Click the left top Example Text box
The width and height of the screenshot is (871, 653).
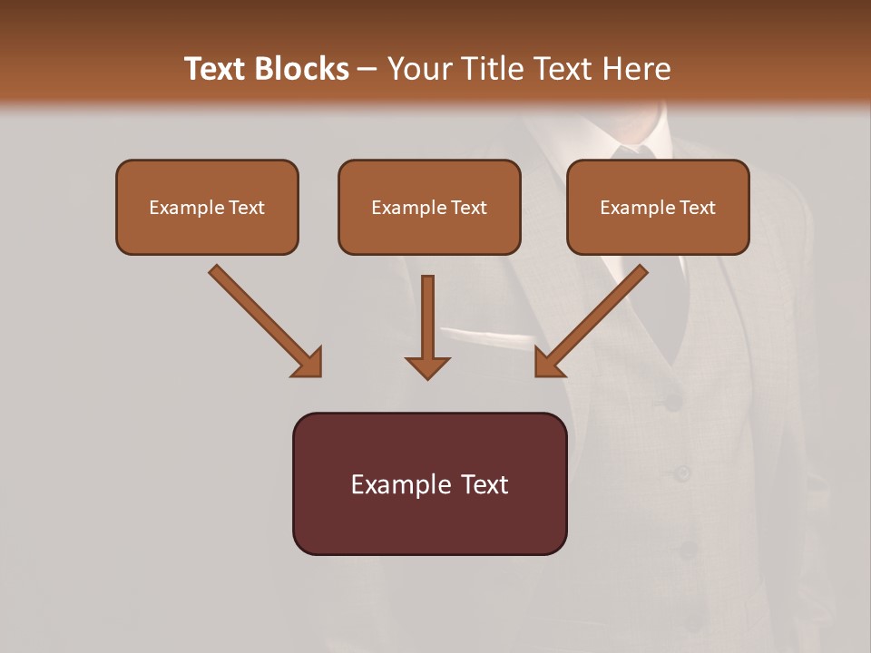207,207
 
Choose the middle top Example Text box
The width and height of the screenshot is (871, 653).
429,207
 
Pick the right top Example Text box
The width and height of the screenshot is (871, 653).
658,207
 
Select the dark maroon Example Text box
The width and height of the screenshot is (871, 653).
429,483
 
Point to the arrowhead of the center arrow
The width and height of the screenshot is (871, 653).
427,366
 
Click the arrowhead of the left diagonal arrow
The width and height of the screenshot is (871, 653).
308,363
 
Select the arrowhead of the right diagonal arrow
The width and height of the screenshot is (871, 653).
548,363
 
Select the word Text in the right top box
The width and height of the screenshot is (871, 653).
696,208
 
